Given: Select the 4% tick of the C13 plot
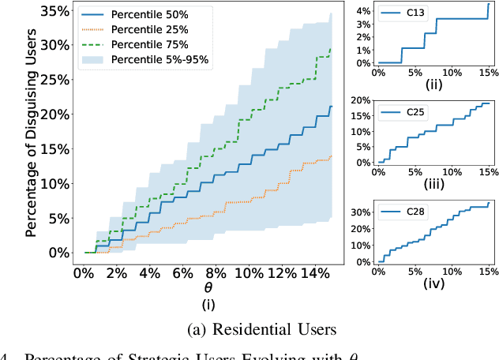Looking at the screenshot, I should click(x=362, y=11).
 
